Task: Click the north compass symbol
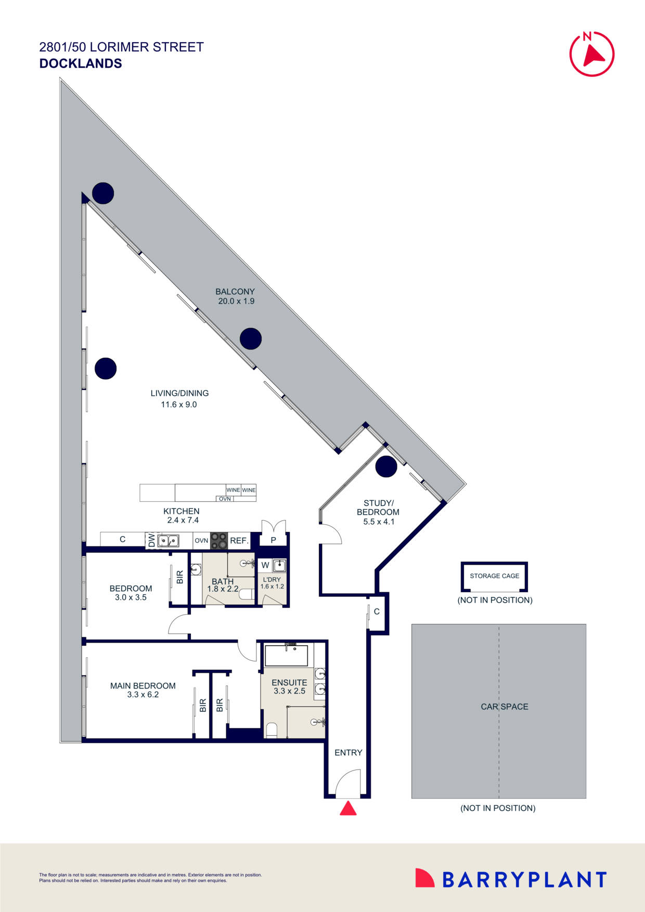(x=592, y=54)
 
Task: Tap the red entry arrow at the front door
(x=348, y=809)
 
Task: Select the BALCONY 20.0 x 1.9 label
(x=236, y=296)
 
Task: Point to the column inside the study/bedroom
(x=386, y=466)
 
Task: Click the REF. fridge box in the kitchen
(x=239, y=540)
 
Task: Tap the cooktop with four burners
(x=219, y=540)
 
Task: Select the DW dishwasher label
(x=151, y=541)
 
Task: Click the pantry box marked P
(x=273, y=540)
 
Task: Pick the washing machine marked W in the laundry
(x=265, y=565)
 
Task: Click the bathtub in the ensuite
(x=286, y=656)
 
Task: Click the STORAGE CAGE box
(x=494, y=576)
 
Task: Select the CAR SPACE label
(x=504, y=707)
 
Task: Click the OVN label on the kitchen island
(x=225, y=499)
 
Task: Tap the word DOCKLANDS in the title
(x=81, y=63)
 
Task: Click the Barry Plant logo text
(x=524, y=880)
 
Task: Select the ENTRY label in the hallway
(x=348, y=752)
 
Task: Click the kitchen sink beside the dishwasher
(x=168, y=541)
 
